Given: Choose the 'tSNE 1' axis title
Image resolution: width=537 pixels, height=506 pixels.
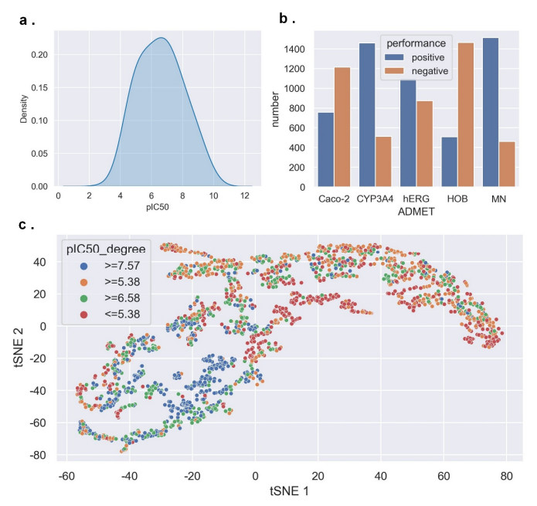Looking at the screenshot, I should tap(286, 491).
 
